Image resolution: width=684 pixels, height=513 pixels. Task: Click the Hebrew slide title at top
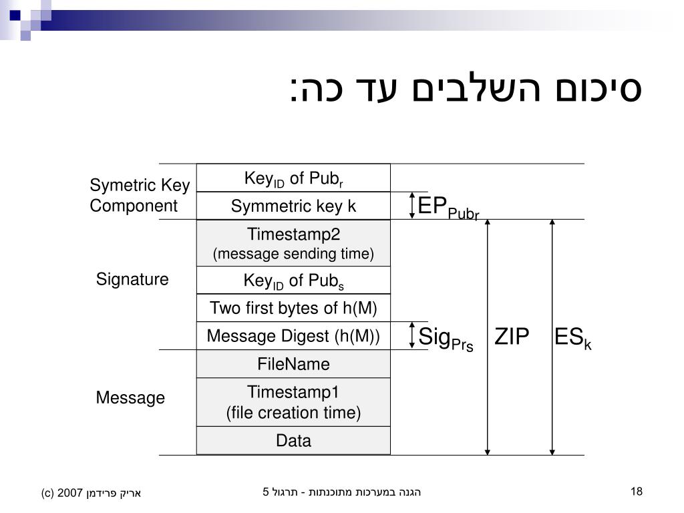pyautogui.click(x=466, y=90)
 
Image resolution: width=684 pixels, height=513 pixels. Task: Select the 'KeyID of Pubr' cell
pyautogui.click(x=293, y=178)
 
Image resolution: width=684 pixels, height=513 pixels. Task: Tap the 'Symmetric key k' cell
pyautogui.click(x=293, y=206)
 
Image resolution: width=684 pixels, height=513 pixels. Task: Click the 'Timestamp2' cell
pyautogui.click(x=293, y=243)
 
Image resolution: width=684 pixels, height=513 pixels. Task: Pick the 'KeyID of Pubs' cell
pyautogui.click(x=293, y=281)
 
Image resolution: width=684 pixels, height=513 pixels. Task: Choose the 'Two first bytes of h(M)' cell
pyautogui.click(x=293, y=308)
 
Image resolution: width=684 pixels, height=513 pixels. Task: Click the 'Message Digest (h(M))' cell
pyautogui.click(x=293, y=336)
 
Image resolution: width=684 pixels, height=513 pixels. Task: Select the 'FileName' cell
pyautogui.click(x=293, y=364)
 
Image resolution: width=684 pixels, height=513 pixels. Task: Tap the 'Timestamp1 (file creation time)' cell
pyautogui.click(x=293, y=402)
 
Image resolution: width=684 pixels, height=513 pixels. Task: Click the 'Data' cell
pyautogui.click(x=293, y=441)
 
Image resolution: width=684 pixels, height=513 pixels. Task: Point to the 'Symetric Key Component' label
pyautogui.click(x=140, y=195)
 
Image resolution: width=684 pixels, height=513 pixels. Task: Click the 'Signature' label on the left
pyautogui.click(x=132, y=279)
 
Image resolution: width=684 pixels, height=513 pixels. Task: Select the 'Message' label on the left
pyautogui.click(x=130, y=398)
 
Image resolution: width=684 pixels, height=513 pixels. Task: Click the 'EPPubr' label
pyautogui.click(x=448, y=207)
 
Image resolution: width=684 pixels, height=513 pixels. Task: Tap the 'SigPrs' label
pyautogui.click(x=446, y=338)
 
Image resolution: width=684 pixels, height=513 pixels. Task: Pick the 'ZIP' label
pyautogui.click(x=512, y=337)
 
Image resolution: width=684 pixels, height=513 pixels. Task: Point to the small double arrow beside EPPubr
pyautogui.click(x=411, y=205)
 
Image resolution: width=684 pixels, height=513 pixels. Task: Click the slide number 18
pyautogui.click(x=636, y=492)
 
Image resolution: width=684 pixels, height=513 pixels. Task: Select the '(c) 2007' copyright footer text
pyautogui.click(x=92, y=494)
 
